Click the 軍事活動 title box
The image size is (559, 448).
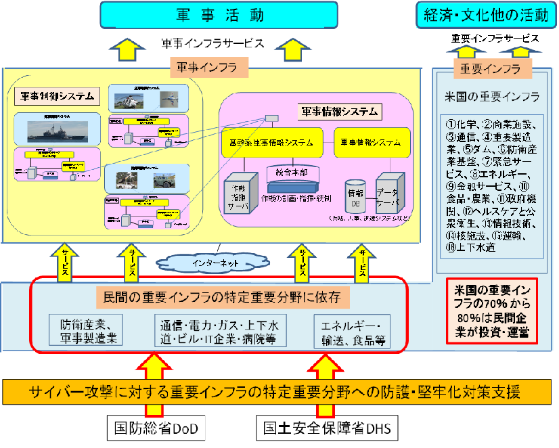coord(220,14)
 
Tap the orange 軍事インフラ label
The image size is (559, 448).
coord(210,67)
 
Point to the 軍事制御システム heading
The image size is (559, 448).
coord(56,95)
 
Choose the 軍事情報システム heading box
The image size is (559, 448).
coord(338,111)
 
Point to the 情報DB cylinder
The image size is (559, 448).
coord(356,196)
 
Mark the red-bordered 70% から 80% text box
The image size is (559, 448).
coord(491,310)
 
